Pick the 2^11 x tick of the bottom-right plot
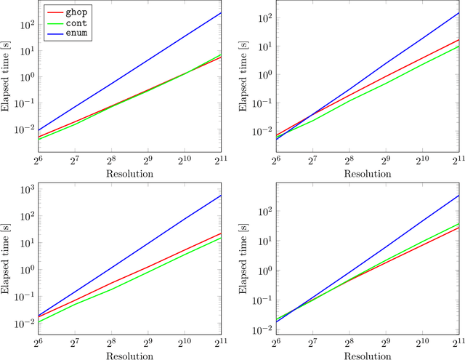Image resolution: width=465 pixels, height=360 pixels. pos(458,345)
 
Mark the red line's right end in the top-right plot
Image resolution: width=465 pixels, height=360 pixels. pos(458,40)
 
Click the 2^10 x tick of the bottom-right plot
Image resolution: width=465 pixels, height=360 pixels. pos(421,345)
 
